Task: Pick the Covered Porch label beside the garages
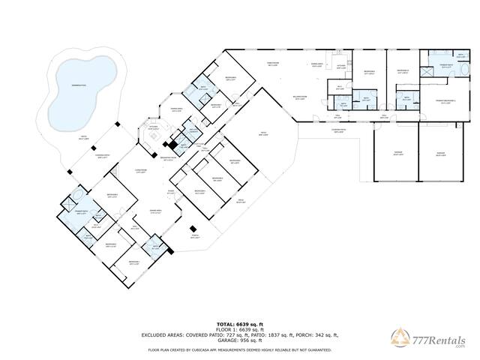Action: [x=340, y=130]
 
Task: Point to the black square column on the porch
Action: [x=193, y=229]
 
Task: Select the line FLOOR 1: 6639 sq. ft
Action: [x=239, y=328]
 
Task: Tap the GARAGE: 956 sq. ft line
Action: [x=239, y=341]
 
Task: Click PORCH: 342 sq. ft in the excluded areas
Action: [x=315, y=335]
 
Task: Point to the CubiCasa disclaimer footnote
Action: [x=239, y=349]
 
